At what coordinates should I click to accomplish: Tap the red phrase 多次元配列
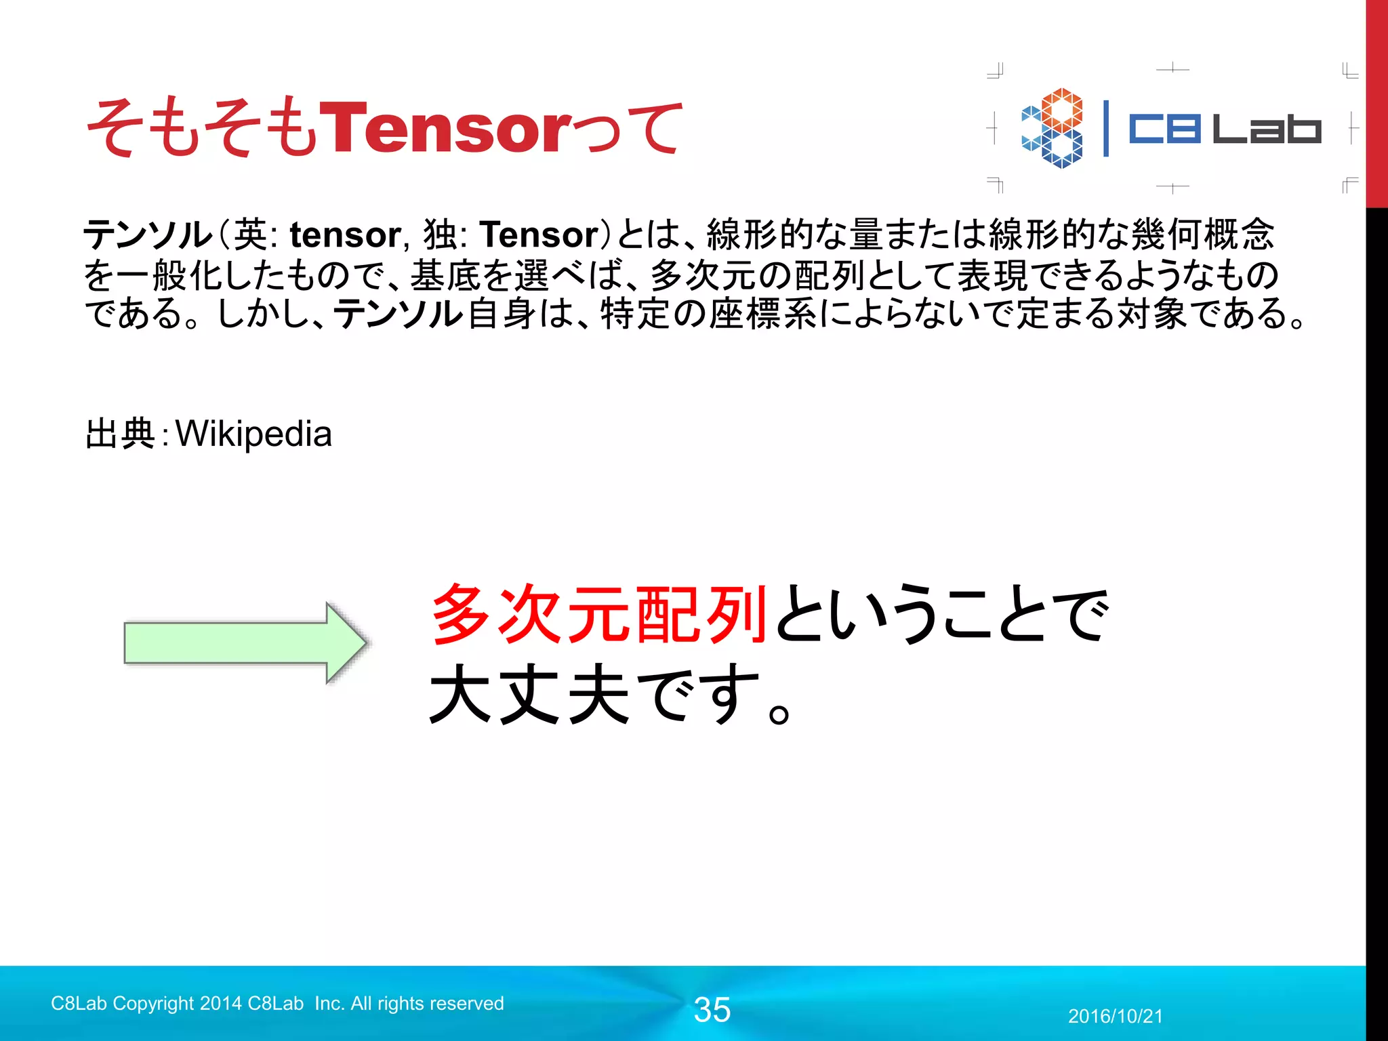pos(599,614)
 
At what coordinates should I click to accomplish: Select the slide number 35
pos(712,1010)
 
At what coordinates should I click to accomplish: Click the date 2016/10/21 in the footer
pos(1115,1016)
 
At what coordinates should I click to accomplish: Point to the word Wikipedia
pos(253,434)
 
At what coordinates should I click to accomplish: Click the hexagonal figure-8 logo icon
pos(1053,127)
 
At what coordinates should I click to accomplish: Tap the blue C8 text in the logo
pos(1164,129)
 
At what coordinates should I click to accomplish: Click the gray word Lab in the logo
pos(1266,129)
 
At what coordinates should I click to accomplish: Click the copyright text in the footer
pos(277,1003)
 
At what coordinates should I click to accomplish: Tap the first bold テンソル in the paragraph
pos(148,235)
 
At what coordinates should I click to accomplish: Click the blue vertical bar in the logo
pos(1106,129)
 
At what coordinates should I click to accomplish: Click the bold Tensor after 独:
pos(539,235)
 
